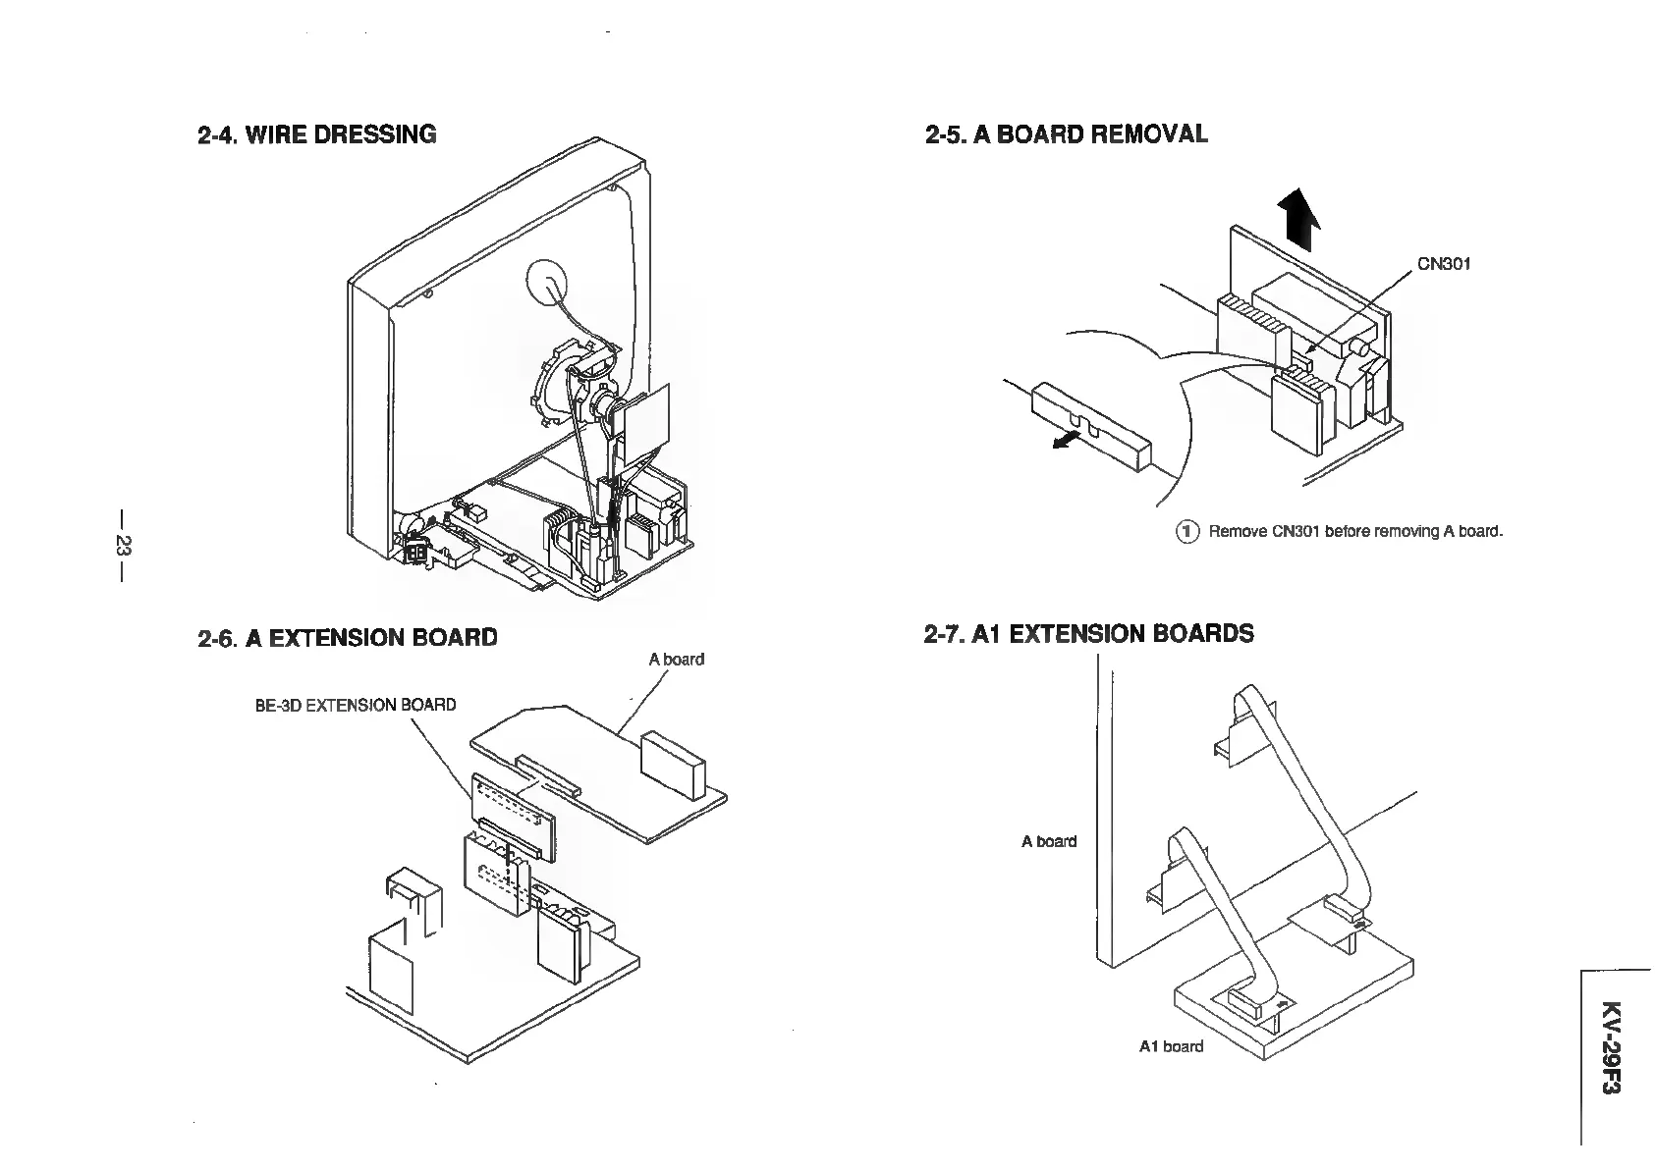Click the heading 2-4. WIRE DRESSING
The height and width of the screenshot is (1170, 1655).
pos(316,134)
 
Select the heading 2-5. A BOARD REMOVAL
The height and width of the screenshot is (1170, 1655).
pos(1066,134)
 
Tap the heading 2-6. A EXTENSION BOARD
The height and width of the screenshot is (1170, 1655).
pos(347,638)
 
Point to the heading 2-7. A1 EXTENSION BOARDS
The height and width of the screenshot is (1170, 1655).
pos(1088,634)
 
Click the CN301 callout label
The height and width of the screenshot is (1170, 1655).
pos(1443,264)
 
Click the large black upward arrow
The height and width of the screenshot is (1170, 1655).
pos(1298,221)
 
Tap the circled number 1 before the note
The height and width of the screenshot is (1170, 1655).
pos(1187,532)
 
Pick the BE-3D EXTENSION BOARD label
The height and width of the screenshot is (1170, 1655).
pos(356,705)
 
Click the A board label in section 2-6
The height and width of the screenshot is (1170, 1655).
pos(676,660)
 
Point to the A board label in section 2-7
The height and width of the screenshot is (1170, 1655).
pos(1048,841)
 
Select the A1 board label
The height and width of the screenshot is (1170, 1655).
pos(1171,1046)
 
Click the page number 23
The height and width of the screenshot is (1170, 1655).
pos(123,546)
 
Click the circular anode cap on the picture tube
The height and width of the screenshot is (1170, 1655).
pos(548,282)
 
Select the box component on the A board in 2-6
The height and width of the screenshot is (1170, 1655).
pos(672,763)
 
